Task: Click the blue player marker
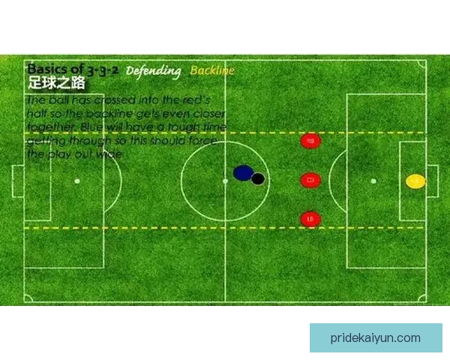point(242,173)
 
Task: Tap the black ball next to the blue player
point(258,178)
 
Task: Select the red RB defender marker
point(310,140)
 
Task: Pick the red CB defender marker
point(310,180)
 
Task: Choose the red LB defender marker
point(310,219)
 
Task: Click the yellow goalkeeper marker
point(415,181)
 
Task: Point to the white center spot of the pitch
point(225,181)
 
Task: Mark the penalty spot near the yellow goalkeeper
point(373,181)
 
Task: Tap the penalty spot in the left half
point(77,181)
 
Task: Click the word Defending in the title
point(153,71)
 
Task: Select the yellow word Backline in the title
point(212,70)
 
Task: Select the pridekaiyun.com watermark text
point(375,337)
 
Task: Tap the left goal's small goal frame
point(16,181)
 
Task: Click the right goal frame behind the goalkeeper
point(433,181)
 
